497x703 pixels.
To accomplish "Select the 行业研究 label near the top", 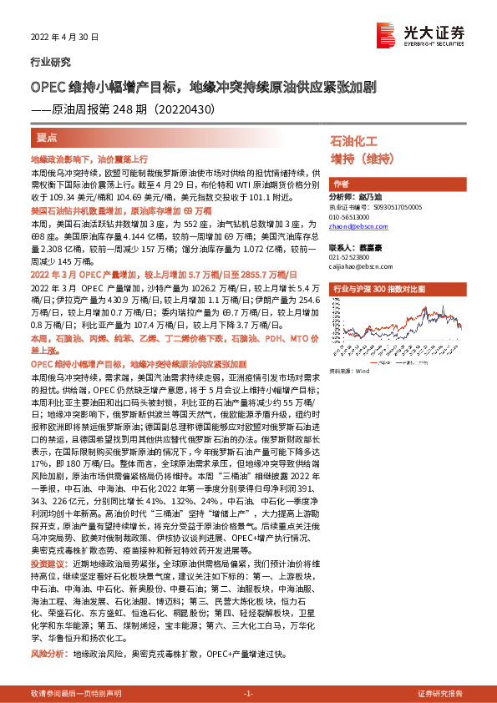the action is point(51,62).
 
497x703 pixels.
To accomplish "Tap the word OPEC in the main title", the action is point(47,86).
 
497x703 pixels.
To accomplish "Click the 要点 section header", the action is point(46,137).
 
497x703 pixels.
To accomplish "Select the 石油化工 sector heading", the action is point(354,140).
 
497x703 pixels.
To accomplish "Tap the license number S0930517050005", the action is point(388,206).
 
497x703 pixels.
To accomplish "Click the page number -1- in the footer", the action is point(248,694).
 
